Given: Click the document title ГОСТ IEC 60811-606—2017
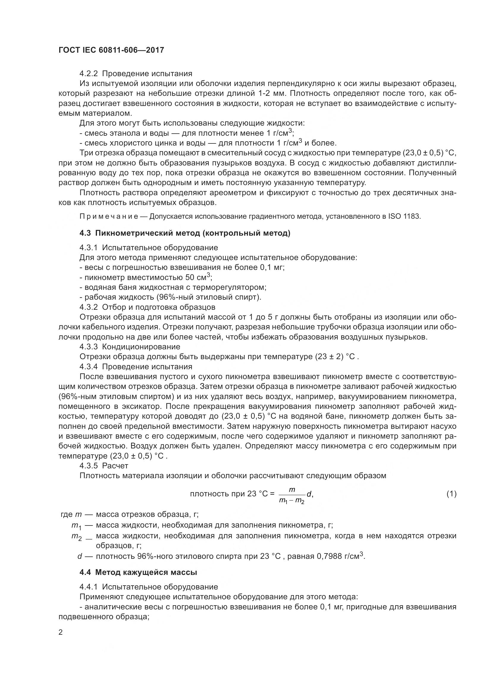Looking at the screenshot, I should (111, 50).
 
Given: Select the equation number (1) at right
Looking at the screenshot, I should (451, 494).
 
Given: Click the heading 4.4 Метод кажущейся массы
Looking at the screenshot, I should (138, 572).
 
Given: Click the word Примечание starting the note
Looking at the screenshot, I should (109, 216).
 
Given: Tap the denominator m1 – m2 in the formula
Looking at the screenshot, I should (292, 501).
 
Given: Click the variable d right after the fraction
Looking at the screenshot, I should (309, 494).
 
